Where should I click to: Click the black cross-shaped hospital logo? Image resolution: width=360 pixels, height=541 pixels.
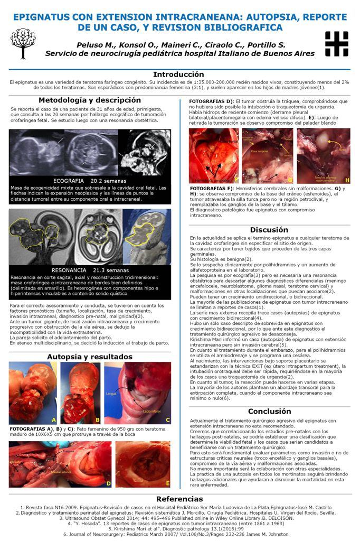tap(336, 43)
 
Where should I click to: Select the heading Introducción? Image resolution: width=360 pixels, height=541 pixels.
tap(178, 74)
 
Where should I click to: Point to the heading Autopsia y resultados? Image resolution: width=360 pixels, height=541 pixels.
tap(89, 357)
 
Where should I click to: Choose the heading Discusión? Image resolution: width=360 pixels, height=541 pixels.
tap(269, 230)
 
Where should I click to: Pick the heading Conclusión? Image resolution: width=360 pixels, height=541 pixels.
tap(269, 411)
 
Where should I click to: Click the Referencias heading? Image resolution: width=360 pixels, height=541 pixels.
tap(179, 499)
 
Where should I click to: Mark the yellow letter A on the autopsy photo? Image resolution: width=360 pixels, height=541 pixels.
tap(53, 419)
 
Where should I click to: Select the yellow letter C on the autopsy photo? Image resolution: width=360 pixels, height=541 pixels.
tap(167, 419)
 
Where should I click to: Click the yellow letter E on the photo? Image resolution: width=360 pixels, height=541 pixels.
tap(167, 483)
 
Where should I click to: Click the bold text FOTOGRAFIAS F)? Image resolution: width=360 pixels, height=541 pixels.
tap(211, 188)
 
